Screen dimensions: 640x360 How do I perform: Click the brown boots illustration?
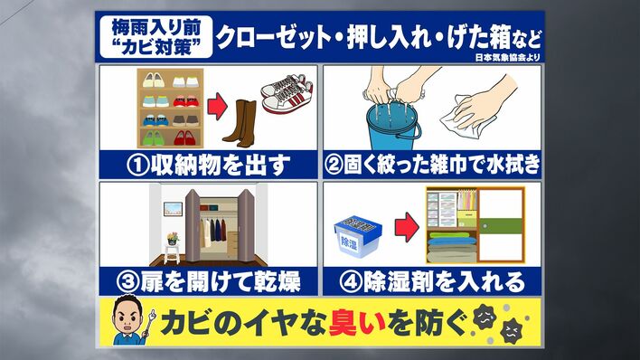point(240,123)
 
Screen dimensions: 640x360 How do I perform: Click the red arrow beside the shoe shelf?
point(217,106)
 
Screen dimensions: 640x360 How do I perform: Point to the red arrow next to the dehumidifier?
point(406,227)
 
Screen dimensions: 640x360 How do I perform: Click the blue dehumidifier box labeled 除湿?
point(358,238)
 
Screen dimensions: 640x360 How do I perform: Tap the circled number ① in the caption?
point(138,166)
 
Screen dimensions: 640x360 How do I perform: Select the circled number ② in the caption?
point(334,166)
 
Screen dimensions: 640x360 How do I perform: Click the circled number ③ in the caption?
point(127,282)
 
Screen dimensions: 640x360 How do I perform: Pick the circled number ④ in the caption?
point(351,282)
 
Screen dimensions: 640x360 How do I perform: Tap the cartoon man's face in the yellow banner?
point(127,317)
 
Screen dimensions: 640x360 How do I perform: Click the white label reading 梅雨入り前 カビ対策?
point(156,37)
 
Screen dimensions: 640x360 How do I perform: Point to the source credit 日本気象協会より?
point(508,57)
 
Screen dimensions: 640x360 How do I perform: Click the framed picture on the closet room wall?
point(173,209)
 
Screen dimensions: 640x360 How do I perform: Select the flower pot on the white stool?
point(173,239)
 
